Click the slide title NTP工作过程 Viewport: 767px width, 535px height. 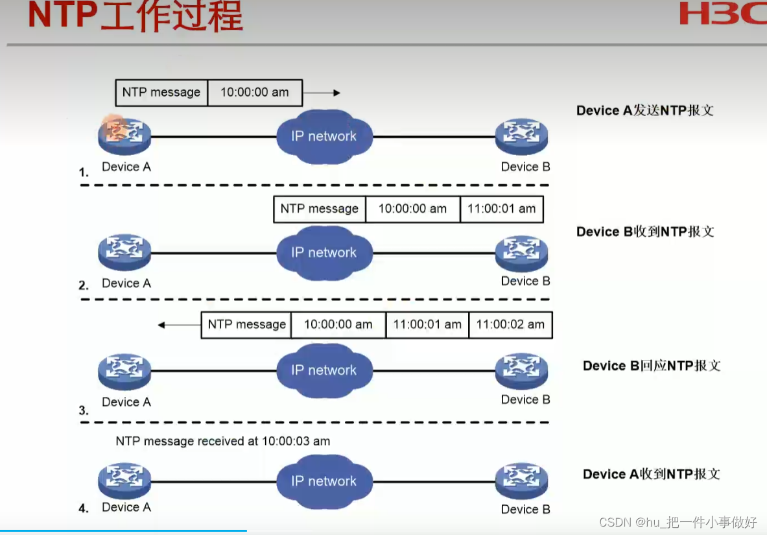tap(136, 16)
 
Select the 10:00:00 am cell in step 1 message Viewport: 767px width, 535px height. tap(255, 93)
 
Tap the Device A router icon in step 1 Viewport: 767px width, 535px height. tap(124, 134)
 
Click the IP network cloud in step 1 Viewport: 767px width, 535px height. tap(324, 136)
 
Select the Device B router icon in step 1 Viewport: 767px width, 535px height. tap(521, 134)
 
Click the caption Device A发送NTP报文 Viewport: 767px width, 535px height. tap(645, 110)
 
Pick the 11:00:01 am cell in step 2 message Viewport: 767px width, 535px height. tap(501, 209)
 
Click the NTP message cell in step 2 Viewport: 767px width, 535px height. tap(319, 209)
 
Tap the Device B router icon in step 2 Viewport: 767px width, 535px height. tap(521, 252)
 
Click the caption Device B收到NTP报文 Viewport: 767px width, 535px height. tap(645, 232)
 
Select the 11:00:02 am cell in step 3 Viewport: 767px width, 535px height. tap(510, 325)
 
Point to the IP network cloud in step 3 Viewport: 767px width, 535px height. tap(324, 370)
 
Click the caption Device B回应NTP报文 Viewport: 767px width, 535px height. tap(652, 366)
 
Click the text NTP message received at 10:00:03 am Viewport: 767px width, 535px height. tap(223, 441)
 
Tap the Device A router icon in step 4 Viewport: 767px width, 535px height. tap(124, 481)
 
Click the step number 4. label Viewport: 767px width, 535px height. tap(84, 508)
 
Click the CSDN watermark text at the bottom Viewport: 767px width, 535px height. tap(678, 522)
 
